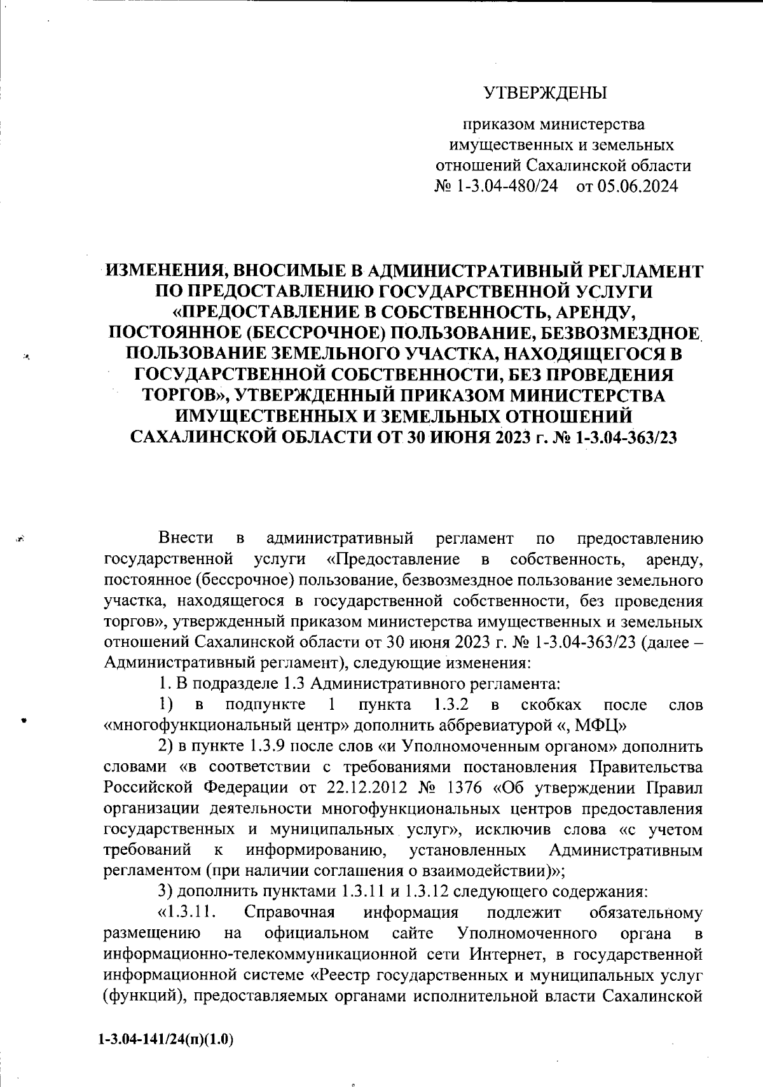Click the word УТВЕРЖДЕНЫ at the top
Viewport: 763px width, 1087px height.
[x=545, y=93]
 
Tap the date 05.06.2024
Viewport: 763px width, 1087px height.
[x=627, y=187]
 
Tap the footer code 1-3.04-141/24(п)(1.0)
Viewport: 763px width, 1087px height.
[x=167, y=1040]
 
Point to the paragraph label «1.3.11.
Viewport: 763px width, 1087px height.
[x=188, y=913]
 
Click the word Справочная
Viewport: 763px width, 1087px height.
[x=289, y=913]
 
